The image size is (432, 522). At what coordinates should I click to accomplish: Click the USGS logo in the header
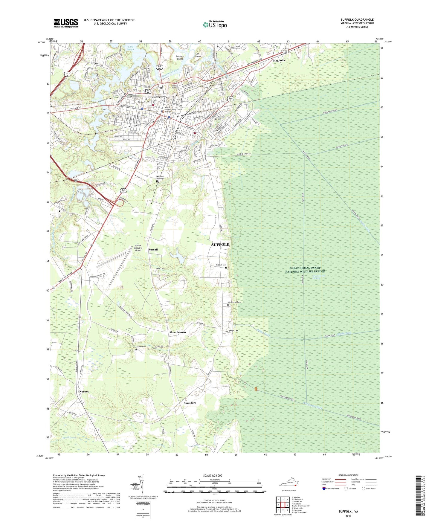click(x=65, y=23)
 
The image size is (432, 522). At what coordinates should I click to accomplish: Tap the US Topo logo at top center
click(x=214, y=25)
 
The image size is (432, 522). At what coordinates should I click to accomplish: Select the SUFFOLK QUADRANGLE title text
click(x=357, y=20)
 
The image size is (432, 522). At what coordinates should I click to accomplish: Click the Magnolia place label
click(x=279, y=60)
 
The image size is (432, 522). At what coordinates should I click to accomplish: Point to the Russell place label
click(x=153, y=249)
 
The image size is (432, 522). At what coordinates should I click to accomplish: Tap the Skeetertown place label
click(x=178, y=332)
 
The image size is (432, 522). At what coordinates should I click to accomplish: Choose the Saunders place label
click(x=190, y=403)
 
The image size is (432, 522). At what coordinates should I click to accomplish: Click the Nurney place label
click(x=84, y=391)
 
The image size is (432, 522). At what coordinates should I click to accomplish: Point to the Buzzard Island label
click(x=180, y=57)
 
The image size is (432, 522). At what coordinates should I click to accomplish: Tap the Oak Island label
click(x=198, y=55)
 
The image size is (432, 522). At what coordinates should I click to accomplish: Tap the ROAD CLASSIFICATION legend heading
click(x=348, y=475)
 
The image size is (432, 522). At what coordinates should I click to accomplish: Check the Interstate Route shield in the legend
click(x=324, y=489)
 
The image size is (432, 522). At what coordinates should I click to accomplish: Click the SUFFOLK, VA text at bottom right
click(x=348, y=511)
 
